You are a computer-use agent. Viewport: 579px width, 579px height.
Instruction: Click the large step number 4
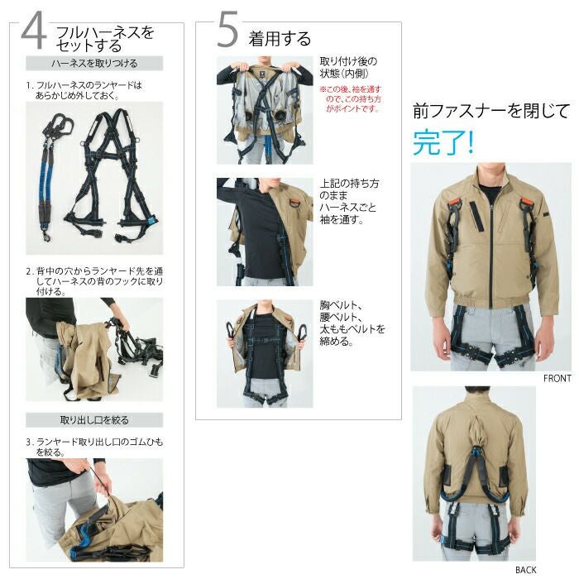[x=34, y=31]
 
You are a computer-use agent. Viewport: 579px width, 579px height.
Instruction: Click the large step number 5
[x=227, y=30]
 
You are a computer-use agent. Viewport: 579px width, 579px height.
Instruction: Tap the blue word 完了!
[x=443, y=142]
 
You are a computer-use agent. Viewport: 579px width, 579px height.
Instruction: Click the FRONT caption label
[x=557, y=378]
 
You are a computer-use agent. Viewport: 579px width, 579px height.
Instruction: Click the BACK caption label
[x=526, y=570]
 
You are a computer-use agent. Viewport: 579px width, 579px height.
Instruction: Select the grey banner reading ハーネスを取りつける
[x=94, y=63]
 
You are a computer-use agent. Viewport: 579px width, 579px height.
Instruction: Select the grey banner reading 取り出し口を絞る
[x=94, y=420]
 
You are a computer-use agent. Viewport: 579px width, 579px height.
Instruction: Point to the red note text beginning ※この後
[x=350, y=99]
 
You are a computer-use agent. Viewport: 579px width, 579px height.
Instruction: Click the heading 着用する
[x=280, y=39]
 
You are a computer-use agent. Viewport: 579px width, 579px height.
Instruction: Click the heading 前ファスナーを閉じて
[x=491, y=111]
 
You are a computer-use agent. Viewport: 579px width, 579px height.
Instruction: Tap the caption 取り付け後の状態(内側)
[x=348, y=67]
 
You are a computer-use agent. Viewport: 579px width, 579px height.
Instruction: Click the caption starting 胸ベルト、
[x=352, y=323]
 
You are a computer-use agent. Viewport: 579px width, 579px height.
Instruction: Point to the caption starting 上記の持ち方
[x=349, y=201]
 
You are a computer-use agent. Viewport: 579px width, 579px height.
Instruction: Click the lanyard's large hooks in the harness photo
[x=60, y=124]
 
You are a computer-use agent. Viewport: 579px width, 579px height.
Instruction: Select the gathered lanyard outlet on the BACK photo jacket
[x=476, y=431]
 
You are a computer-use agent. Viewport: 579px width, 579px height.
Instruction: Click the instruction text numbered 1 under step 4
[x=84, y=90]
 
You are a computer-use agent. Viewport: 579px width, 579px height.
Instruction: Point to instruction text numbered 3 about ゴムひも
[x=94, y=447]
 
